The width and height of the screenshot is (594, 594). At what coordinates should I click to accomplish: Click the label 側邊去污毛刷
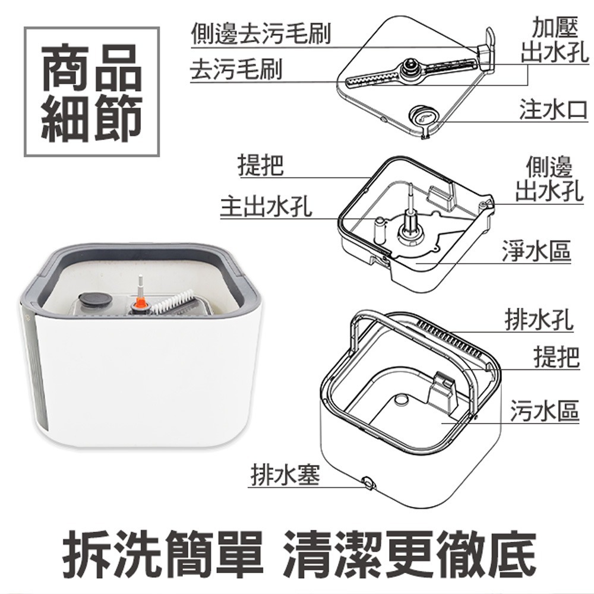click(x=260, y=34)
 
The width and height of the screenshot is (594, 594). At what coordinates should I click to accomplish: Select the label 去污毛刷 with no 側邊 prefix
click(x=236, y=70)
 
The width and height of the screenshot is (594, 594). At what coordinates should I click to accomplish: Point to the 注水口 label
click(x=553, y=110)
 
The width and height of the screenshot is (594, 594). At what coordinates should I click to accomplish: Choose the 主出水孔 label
click(x=266, y=207)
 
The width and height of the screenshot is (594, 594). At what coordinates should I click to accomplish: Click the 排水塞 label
click(x=284, y=475)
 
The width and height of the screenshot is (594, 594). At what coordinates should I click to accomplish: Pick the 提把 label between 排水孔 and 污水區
click(x=556, y=357)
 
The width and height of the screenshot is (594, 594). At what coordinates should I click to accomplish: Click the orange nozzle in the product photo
click(x=141, y=302)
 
